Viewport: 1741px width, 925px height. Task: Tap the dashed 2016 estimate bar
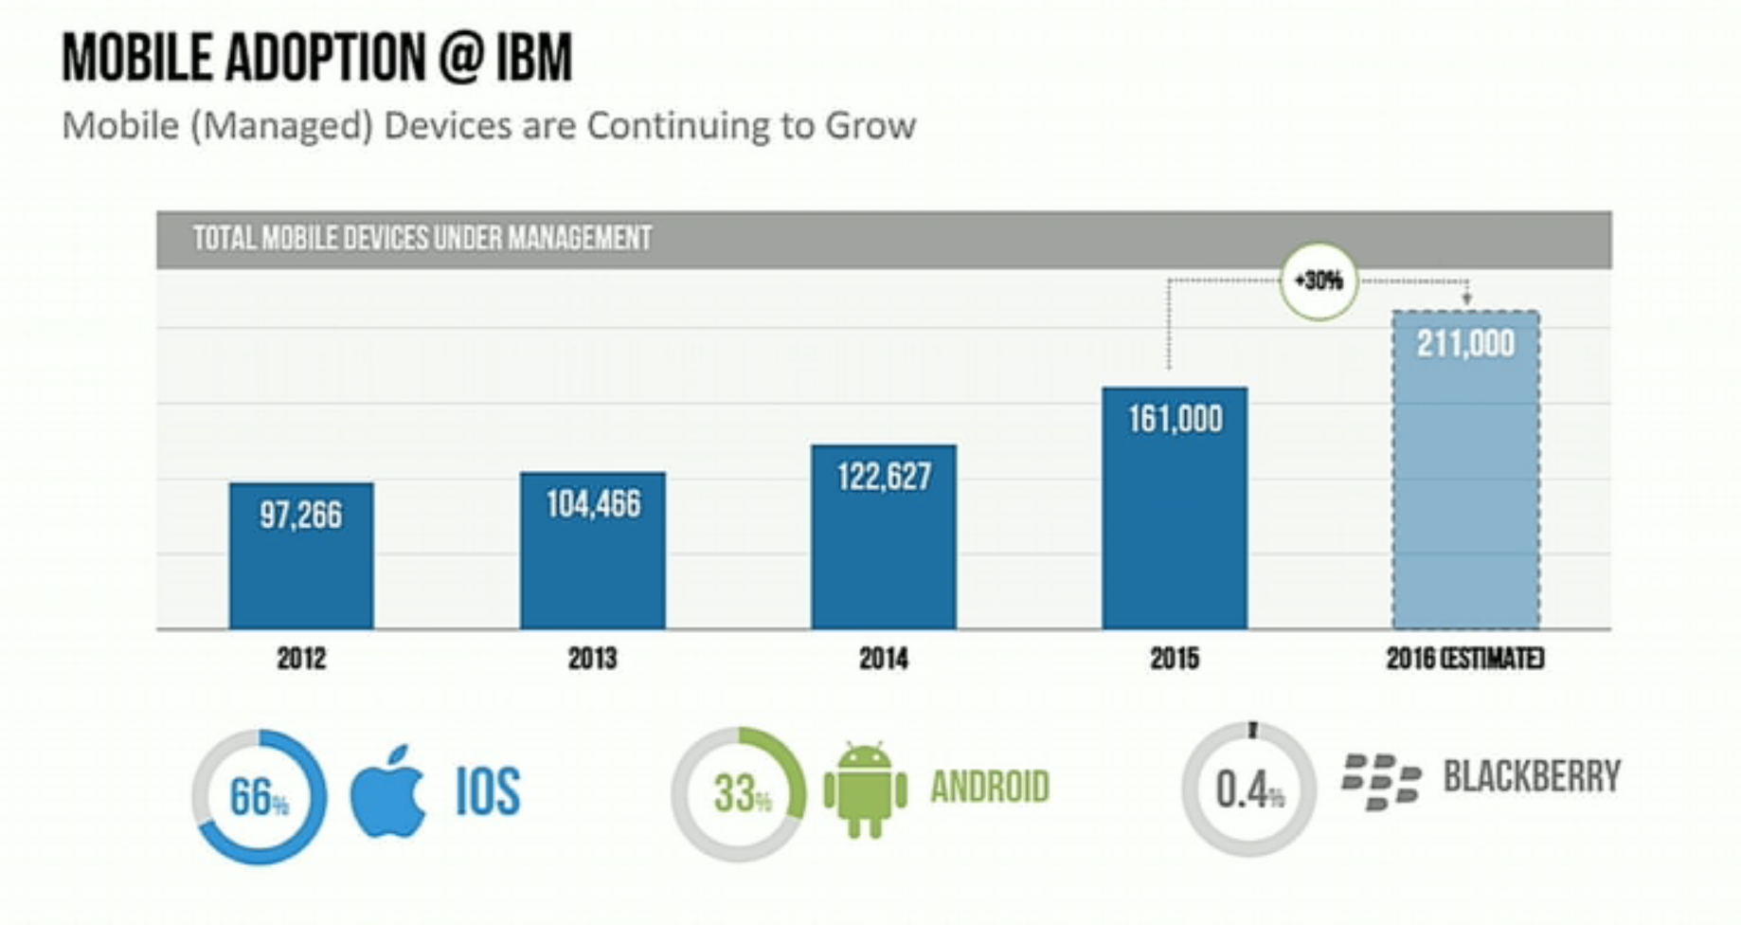pyautogui.click(x=1465, y=493)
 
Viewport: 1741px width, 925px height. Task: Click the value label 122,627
pyautogui.click(x=883, y=477)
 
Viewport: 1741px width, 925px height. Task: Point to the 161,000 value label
pyautogui.click(x=1175, y=419)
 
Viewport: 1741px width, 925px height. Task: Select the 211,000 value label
pyautogui.click(x=1465, y=344)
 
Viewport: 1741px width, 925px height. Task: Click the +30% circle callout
pyautogui.click(x=1319, y=281)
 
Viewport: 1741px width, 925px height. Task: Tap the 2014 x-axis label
pyautogui.click(x=883, y=659)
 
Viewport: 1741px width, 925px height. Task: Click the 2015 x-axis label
pyautogui.click(x=1175, y=659)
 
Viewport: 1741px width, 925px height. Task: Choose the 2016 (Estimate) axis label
pyautogui.click(x=1464, y=659)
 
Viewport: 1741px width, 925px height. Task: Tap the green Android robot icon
pyautogui.click(x=865, y=790)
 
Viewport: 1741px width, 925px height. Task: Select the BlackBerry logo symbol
pyautogui.click(x=1381, y=782)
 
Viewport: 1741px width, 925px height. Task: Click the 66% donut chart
pyautogui.click(x=259, y=796)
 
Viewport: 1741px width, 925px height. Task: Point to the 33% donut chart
pyautogui.click(x=739, y=794)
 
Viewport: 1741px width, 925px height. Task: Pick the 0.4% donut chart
pyautogui.click(x=1248, y=789)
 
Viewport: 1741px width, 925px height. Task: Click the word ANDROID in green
pyautogui.click(x=990, y=788)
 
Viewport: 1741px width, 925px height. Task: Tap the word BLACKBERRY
pyautogui.click(x=1531, y=777)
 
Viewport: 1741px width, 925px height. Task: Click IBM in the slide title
pyautogui.click(x=534, y=58)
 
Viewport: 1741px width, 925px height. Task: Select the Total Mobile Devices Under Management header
pyautogui.click(x=422, y=238)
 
